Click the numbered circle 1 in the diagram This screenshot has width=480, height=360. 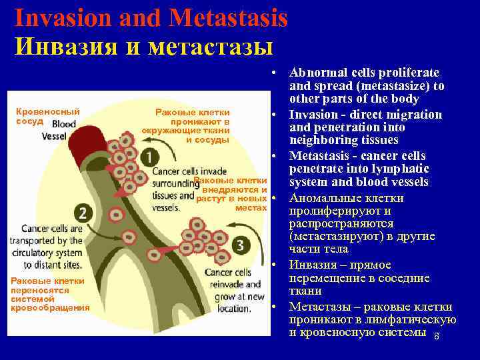[150, 157]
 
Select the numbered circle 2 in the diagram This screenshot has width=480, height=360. [83, 213]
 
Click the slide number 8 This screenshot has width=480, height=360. [436, 336]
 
